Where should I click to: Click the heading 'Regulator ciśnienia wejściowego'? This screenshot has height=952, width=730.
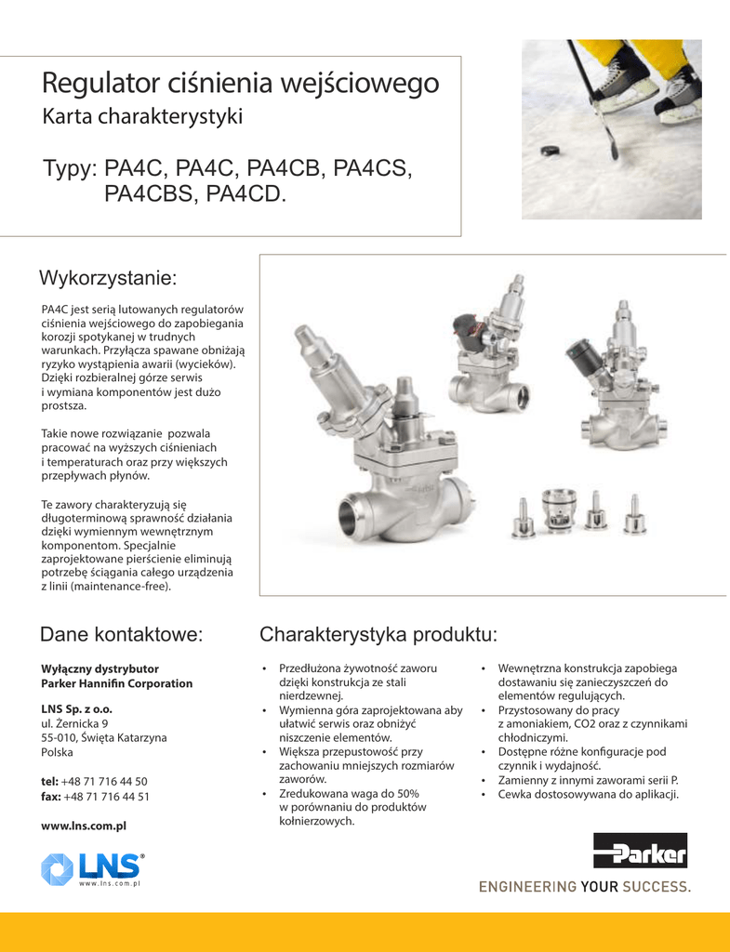pos(240,84)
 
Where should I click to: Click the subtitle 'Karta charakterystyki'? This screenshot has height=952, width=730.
pos(142,117)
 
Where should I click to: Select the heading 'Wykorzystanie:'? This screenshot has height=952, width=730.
pos(108,278)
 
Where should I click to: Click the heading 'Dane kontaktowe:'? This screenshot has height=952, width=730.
pos(122,635)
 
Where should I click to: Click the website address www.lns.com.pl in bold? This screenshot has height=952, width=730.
pos(84,825)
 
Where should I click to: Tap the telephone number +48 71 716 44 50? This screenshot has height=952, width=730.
pos(105,781)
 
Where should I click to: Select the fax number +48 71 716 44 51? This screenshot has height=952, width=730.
pos(107,797)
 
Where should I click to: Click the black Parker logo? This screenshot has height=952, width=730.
pos(640,852)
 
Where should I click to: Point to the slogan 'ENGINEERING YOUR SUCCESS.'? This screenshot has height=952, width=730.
pos(585,887)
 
